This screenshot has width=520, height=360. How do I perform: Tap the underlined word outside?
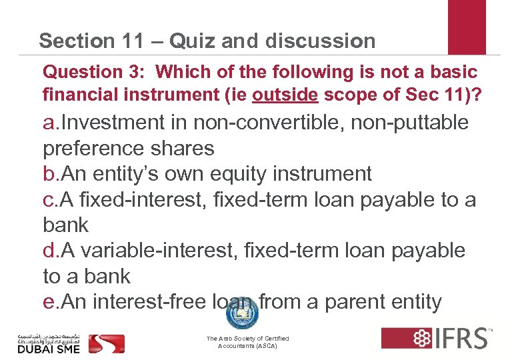(x=285, y=95)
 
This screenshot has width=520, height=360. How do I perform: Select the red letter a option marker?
(x=49, y=123)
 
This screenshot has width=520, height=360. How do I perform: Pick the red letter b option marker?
(x=49, y=174)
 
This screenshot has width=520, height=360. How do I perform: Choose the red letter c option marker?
(x=48, y=199)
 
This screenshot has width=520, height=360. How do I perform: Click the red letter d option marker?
(x=49, y=251)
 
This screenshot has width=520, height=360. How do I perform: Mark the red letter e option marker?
(x=49, y=302)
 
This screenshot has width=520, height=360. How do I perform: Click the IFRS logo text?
(x=460, y=337)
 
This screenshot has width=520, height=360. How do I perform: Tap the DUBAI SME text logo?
(x=50, y=347)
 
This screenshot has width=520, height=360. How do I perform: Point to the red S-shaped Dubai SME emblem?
(x=107, y=343)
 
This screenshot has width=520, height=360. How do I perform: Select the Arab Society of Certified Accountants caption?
(x=247, y=343)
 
